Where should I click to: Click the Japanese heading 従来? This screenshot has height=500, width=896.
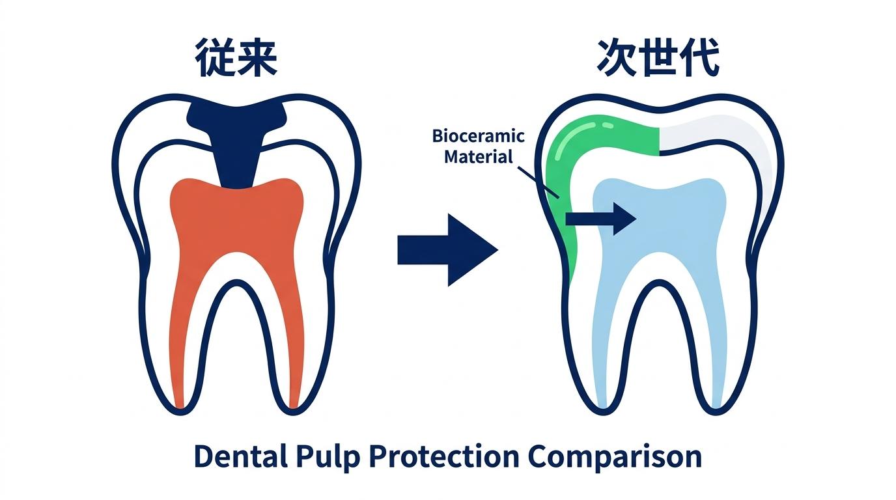[236, 57]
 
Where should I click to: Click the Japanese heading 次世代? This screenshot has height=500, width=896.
[658, 57]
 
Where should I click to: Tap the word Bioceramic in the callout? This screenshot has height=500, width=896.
[479, 136]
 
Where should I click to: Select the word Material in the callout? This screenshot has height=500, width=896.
[479, 156]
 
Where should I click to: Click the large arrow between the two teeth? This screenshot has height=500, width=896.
[447, 250]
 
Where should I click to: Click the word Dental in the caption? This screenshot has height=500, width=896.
[241, 456]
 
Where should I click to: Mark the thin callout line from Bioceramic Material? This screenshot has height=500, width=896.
[539, 182]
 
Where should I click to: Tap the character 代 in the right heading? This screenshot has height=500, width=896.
[700, 57]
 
